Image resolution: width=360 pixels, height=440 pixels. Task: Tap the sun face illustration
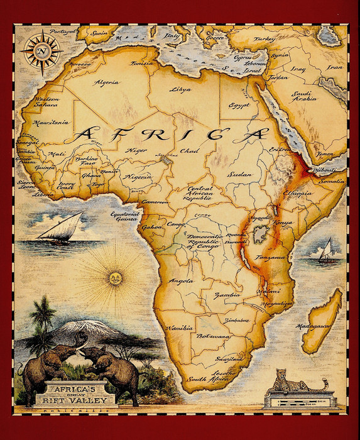coord(115,277)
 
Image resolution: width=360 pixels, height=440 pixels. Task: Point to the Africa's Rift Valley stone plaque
coord(75,393)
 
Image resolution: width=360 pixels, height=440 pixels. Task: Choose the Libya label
coord(180,89)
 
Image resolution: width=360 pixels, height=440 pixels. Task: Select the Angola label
coord(182,281)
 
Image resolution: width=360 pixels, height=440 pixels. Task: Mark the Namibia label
coord(179,328)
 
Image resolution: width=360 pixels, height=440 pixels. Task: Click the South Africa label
coord(205,379)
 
